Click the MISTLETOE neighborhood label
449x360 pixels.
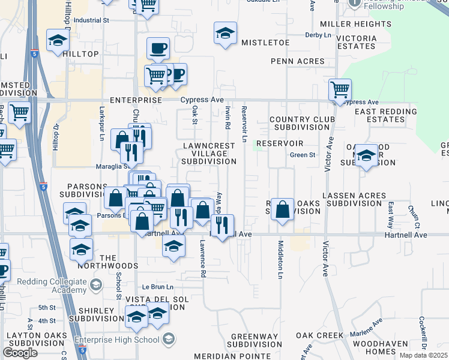[265, 43]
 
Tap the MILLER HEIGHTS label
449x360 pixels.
[355, 24]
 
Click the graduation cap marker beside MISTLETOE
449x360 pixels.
[225, 34]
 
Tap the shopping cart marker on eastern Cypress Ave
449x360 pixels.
[340, 90]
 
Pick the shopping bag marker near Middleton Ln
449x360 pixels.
[282, 210]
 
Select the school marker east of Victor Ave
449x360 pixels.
[366, 156]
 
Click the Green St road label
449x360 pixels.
[303, 155]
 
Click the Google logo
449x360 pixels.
[20, 352]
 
